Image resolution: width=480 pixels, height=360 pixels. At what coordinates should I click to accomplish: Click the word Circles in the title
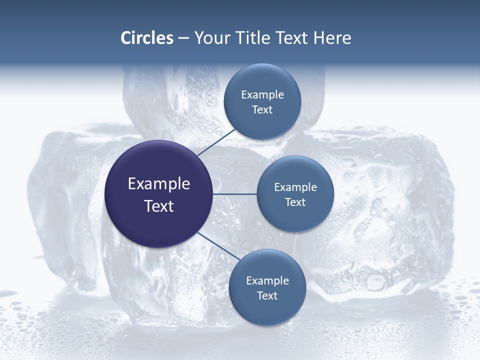tap(146, 38)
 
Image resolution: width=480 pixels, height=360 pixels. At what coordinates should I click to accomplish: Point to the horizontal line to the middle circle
tap(235, 194)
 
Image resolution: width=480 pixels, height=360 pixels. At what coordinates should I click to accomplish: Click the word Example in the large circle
tap(159, 184)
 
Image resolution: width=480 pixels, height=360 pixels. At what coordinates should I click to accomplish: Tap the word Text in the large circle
tap(159, 206)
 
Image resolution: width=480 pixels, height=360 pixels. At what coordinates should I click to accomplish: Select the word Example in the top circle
tap(262, 95)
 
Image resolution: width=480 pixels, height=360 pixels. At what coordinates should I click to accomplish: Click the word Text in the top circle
tap(262, 110)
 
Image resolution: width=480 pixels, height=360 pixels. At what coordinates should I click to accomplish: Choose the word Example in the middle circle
tap(295, 187)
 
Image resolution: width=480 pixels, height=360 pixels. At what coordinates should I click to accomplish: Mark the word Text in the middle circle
tap(295, 202)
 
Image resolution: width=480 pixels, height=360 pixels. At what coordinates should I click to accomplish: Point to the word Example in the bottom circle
tap(267, 281)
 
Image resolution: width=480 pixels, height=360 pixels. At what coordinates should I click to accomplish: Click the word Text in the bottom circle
tap(267, 296)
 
